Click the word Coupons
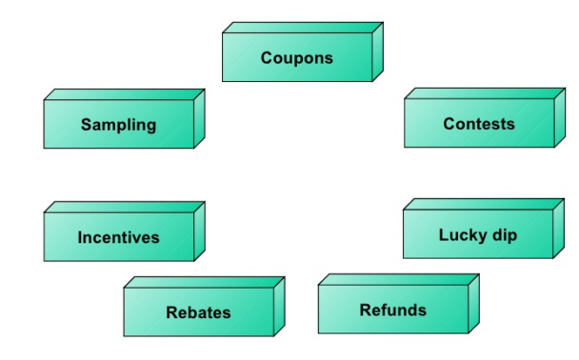point(297,58)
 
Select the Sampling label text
point(118,125)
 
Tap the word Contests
point(478,124)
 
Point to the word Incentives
point(118,237)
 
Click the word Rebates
point(198,312)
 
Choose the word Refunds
point(392,310)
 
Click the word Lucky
point(462,234)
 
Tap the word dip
point(504,235)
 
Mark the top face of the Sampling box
point(125,95)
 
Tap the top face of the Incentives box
point(125,207)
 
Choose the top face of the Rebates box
point(204,282)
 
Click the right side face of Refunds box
point(473,304)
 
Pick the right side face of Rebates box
point(279,307)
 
